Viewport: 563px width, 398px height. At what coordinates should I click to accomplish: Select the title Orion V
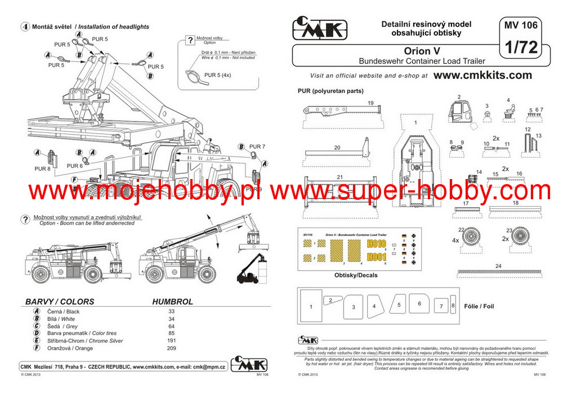point(422,51)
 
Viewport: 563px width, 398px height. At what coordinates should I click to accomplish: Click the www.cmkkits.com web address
point(482,75)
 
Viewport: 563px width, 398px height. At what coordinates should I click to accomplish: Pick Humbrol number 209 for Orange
point(172,348)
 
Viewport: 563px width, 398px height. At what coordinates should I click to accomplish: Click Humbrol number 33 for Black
point(172,311)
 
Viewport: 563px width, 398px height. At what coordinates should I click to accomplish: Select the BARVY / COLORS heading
point(60,301)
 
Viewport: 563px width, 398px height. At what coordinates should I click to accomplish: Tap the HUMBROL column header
point(172,301)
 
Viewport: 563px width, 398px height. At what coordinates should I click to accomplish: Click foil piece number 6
point(419,304)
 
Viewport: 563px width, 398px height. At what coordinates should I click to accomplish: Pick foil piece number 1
point(311,307)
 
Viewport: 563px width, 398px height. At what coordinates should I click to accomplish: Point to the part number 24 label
point(498,266)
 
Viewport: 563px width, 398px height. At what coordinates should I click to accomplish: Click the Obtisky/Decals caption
point(355,275)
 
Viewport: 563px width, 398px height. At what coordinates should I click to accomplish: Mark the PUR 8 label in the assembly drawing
point(42,168)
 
